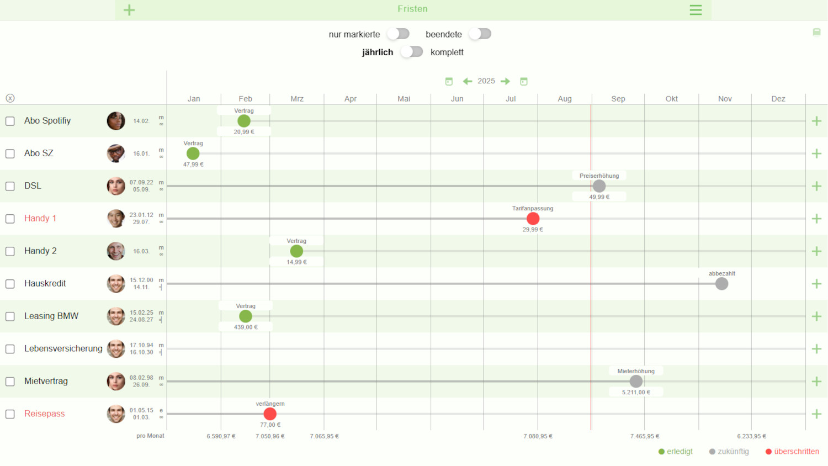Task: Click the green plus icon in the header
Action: coord(129,10)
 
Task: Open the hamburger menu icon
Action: coord(696,10)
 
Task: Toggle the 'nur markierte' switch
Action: coord(399,34)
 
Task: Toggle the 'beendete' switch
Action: coord(480,34)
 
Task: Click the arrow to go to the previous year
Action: coord(468,81)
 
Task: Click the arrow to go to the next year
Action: coord(505,81)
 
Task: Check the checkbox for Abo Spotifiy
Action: coord(10,121)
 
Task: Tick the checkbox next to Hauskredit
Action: coord(10,284)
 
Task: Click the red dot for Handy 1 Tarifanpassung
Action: coord(533,219)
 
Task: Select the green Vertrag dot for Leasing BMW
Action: coord(246,316)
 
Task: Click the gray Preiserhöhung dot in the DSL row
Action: coord(599,186)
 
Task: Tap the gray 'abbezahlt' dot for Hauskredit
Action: coord(721,284)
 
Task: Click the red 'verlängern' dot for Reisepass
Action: coord(270,414)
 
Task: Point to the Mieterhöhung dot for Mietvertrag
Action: coord(636,382)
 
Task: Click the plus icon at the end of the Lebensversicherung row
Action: coord(816,349)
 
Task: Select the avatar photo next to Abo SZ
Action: coord(116,153)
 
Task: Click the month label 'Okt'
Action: coord(671,99)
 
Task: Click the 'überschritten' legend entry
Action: coord(792,452)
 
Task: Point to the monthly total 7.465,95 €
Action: coord(645,436)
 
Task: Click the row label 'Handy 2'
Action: coord(40,251)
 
